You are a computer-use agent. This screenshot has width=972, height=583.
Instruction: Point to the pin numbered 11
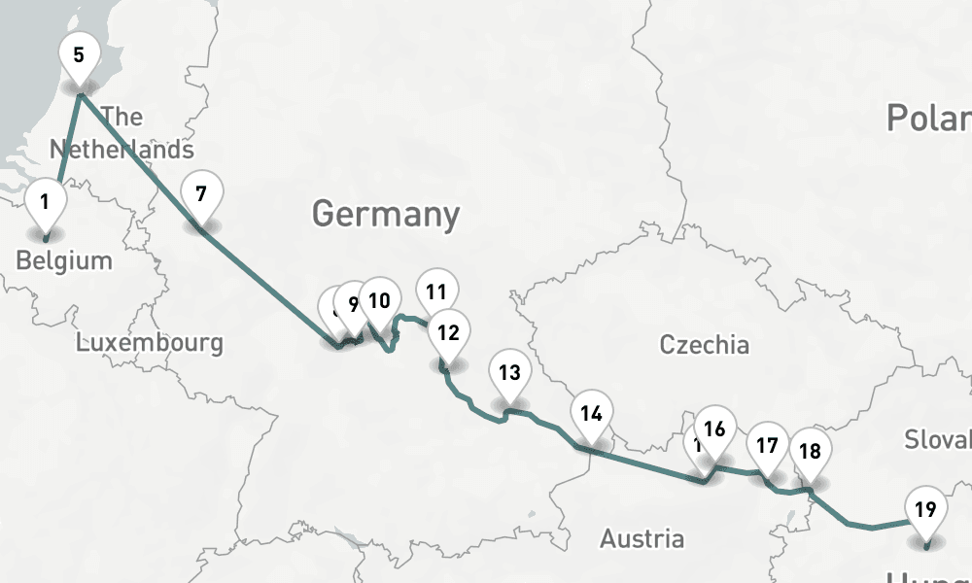[436, 291]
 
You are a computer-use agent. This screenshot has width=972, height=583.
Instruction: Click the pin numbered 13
[509, 372]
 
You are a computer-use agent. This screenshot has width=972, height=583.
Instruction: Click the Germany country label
[386, 214]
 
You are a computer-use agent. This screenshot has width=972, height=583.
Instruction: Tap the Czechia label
[704, 345]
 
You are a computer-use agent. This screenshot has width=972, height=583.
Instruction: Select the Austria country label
[642, 538]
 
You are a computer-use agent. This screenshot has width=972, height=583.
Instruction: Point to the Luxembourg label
[150, 343]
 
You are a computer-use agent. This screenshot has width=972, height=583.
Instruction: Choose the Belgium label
[64, 260]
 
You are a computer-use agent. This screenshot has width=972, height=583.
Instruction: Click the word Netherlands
[121, 150]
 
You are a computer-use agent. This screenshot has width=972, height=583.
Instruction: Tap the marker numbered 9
[352, 303]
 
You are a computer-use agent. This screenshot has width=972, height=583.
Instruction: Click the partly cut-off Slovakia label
[937, 439]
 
